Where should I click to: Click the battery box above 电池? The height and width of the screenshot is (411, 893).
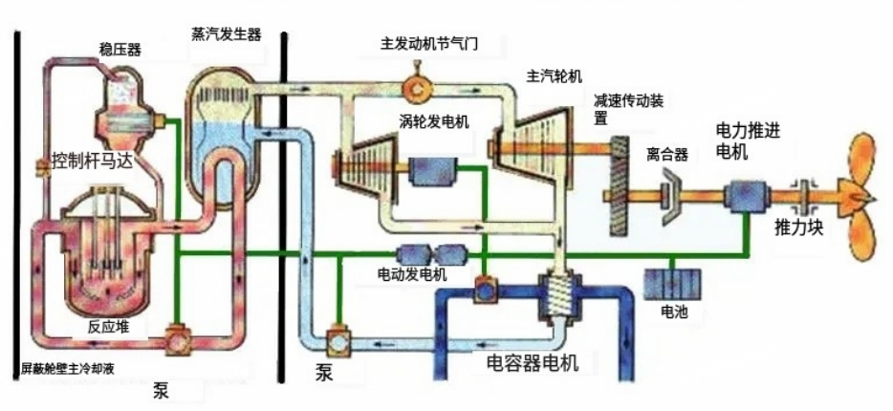pyautogui.click(x=673, y=283)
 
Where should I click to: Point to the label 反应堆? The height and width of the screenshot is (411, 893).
pyautogui.click(x=107, y=325)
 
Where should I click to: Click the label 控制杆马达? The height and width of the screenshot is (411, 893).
pyautogui.click(x=92, y=160)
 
